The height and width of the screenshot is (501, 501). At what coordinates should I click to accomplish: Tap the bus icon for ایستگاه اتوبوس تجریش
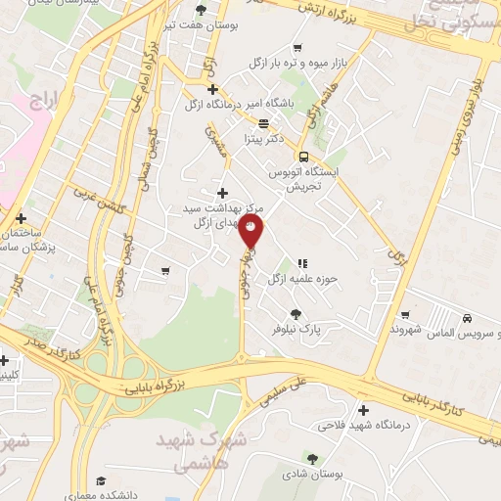(304, 157)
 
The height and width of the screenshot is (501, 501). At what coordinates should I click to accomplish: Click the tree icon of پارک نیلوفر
(296, 314)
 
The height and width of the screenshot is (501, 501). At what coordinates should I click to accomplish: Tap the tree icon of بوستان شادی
(312, 458)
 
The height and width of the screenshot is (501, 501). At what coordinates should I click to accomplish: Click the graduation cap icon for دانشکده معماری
(101, 480)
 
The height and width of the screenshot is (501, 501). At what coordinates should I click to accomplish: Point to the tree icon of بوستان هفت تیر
(202, 10)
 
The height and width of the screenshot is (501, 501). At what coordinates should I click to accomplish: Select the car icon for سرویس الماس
(468, 319)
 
